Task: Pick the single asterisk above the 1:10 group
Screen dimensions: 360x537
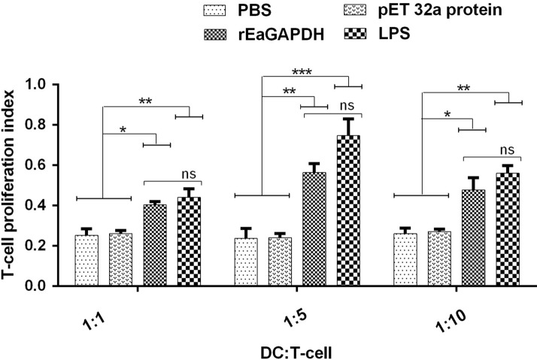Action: click(x=447, y=115)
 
